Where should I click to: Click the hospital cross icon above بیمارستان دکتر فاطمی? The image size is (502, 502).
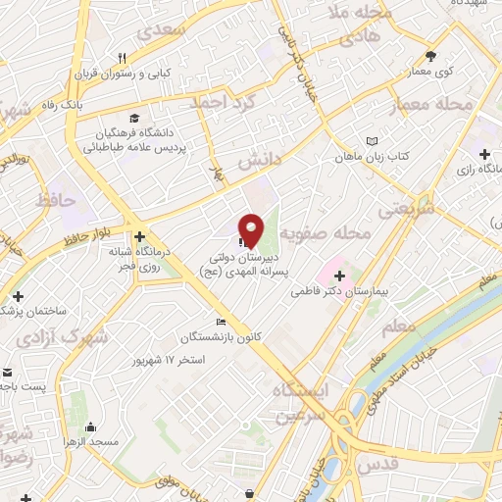340,276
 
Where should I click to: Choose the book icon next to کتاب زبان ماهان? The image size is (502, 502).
372,141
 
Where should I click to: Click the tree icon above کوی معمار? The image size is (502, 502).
430,55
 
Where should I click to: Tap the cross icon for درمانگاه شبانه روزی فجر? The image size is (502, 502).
141,236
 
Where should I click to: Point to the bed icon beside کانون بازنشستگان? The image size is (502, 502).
222,322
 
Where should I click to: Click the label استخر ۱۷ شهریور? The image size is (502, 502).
170,360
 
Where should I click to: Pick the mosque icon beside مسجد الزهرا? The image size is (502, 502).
91,427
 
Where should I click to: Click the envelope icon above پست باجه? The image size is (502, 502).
8,373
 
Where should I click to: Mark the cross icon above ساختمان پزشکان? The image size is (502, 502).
18,295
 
